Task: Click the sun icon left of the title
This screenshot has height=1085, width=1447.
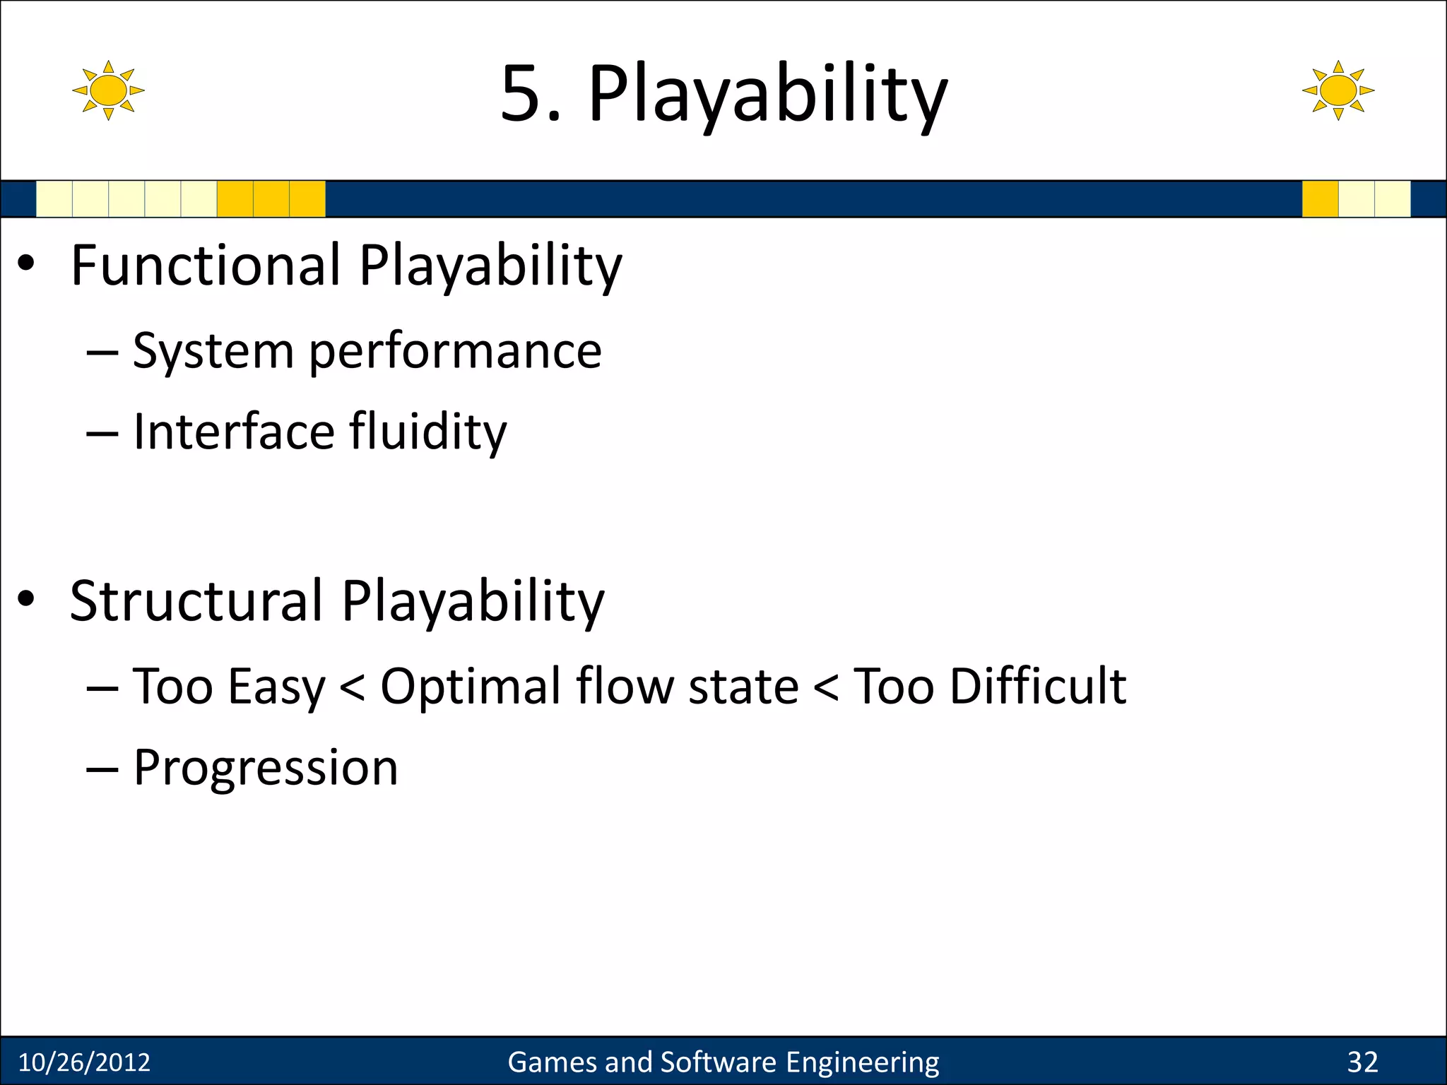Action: pos(108,90)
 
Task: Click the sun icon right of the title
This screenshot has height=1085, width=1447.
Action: pos(1338,90)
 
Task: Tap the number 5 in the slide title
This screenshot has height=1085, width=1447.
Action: pos(524,94)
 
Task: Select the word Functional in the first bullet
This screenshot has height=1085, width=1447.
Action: pos(206,265)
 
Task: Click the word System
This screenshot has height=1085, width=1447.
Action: pos(213,352)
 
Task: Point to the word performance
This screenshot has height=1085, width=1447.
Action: pos(455,352)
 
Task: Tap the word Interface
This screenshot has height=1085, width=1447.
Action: pos(233,432)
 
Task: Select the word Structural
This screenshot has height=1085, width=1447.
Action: pos(196,600)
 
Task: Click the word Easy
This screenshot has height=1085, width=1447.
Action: pos(276,687)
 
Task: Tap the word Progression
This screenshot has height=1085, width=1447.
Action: pos(266,768)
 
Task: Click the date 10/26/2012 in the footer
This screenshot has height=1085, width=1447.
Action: pos(84,1062)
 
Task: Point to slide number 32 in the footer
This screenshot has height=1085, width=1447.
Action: pos(1362,1062)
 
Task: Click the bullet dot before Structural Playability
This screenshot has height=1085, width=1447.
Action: pos(26,599)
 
